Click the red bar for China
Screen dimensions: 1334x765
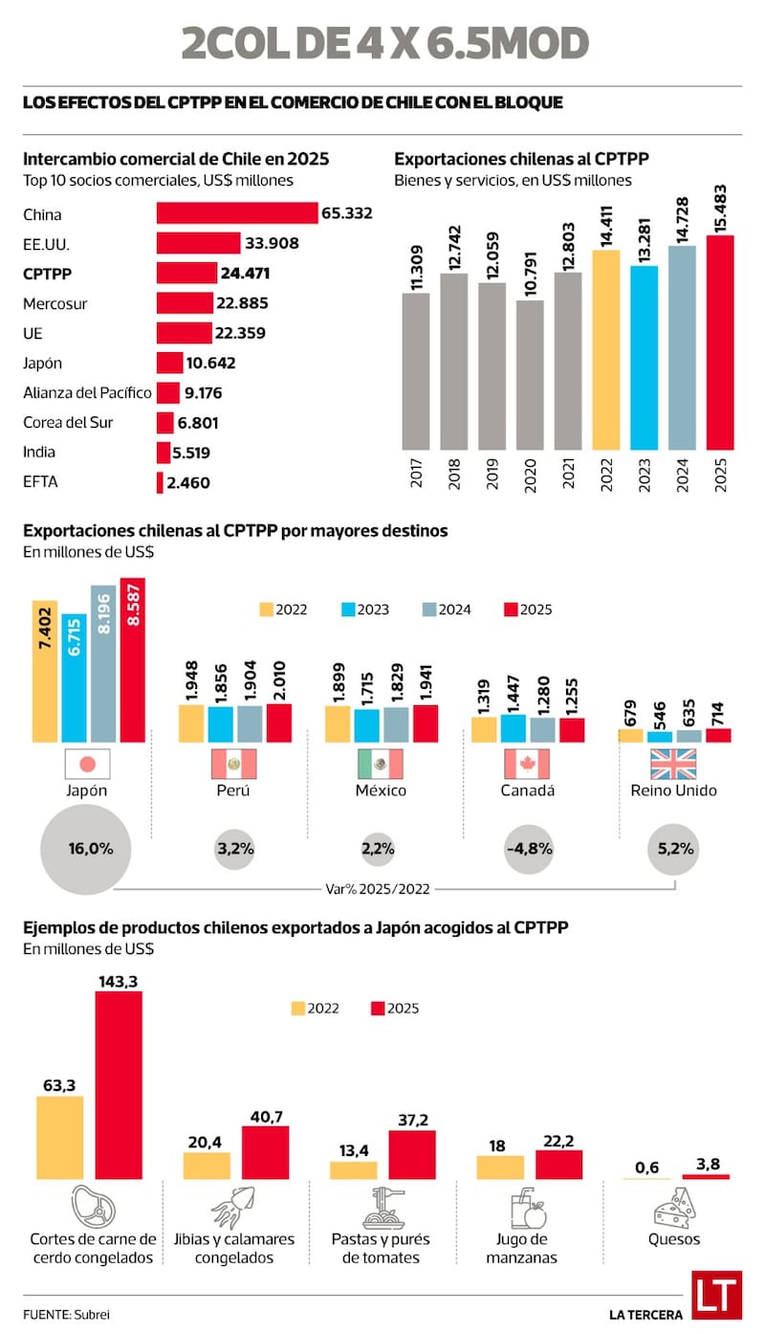[237, 213]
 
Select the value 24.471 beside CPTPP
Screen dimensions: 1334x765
[245, 273]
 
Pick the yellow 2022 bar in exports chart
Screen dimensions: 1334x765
[605, 349]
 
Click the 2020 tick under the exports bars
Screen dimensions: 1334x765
[530, 475]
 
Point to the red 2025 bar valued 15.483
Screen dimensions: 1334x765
[720, 342]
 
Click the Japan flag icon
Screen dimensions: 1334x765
[88, 764]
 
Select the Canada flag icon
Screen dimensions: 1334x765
[527, 764]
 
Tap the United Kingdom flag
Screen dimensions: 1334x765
[673, 764]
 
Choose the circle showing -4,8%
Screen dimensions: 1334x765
[527, 848]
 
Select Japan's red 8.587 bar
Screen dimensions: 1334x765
[133, 659]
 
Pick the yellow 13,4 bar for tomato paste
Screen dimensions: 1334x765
[353, 1169]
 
